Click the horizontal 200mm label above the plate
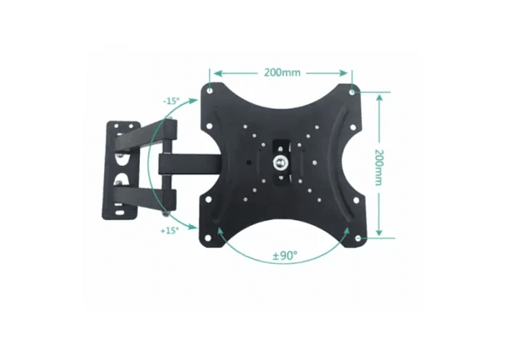tap(282, 72)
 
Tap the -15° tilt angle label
tap(170, 102)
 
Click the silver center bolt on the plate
tap(280, 162)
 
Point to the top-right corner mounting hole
tap(353, 90)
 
